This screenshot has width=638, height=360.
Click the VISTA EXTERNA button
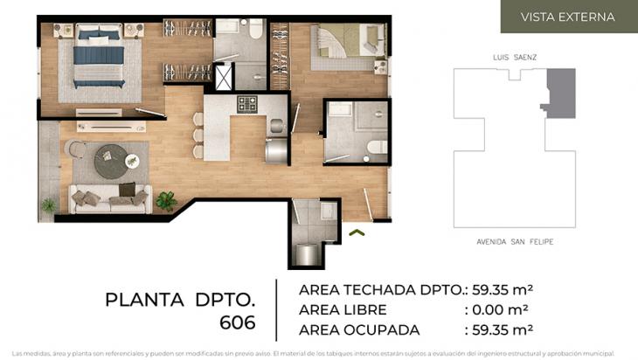pyautogui.click(x=567, y=17)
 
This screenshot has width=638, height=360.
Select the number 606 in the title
pyautogui.click(x=237, y=322)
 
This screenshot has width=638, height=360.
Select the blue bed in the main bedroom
pyautogui.click(x=98, y=58)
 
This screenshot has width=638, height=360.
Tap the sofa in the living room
pyautogui.click(x=111, y=198)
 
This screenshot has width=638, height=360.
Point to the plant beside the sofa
pyautogui.click(x=165, y=201)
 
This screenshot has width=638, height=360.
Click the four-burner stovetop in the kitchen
pyautogui.click(x=247, y=103)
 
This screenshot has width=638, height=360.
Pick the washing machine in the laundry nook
pyautogui.click(x=307, y=253)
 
